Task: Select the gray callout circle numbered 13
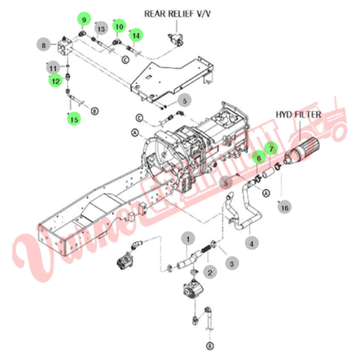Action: (x=101, y=29)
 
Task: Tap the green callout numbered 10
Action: (x=119, y=26)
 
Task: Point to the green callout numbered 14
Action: (x=137, y=35)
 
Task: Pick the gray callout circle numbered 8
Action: (x=43, y=45)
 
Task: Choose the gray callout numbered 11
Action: (x=53, y=68)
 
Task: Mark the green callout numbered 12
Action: (x=55, y=81)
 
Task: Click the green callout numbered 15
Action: (x=75, y=118)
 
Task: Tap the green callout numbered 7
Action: (x=271, y=150)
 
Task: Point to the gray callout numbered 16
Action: (x=285, y=208)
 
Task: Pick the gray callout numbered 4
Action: (x=251, y=243)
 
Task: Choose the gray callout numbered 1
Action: (x=189, y=239)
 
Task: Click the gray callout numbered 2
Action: (x=210, y=273)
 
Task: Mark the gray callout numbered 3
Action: (x=232, y=263)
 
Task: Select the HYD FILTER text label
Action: (x=298, y=115)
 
